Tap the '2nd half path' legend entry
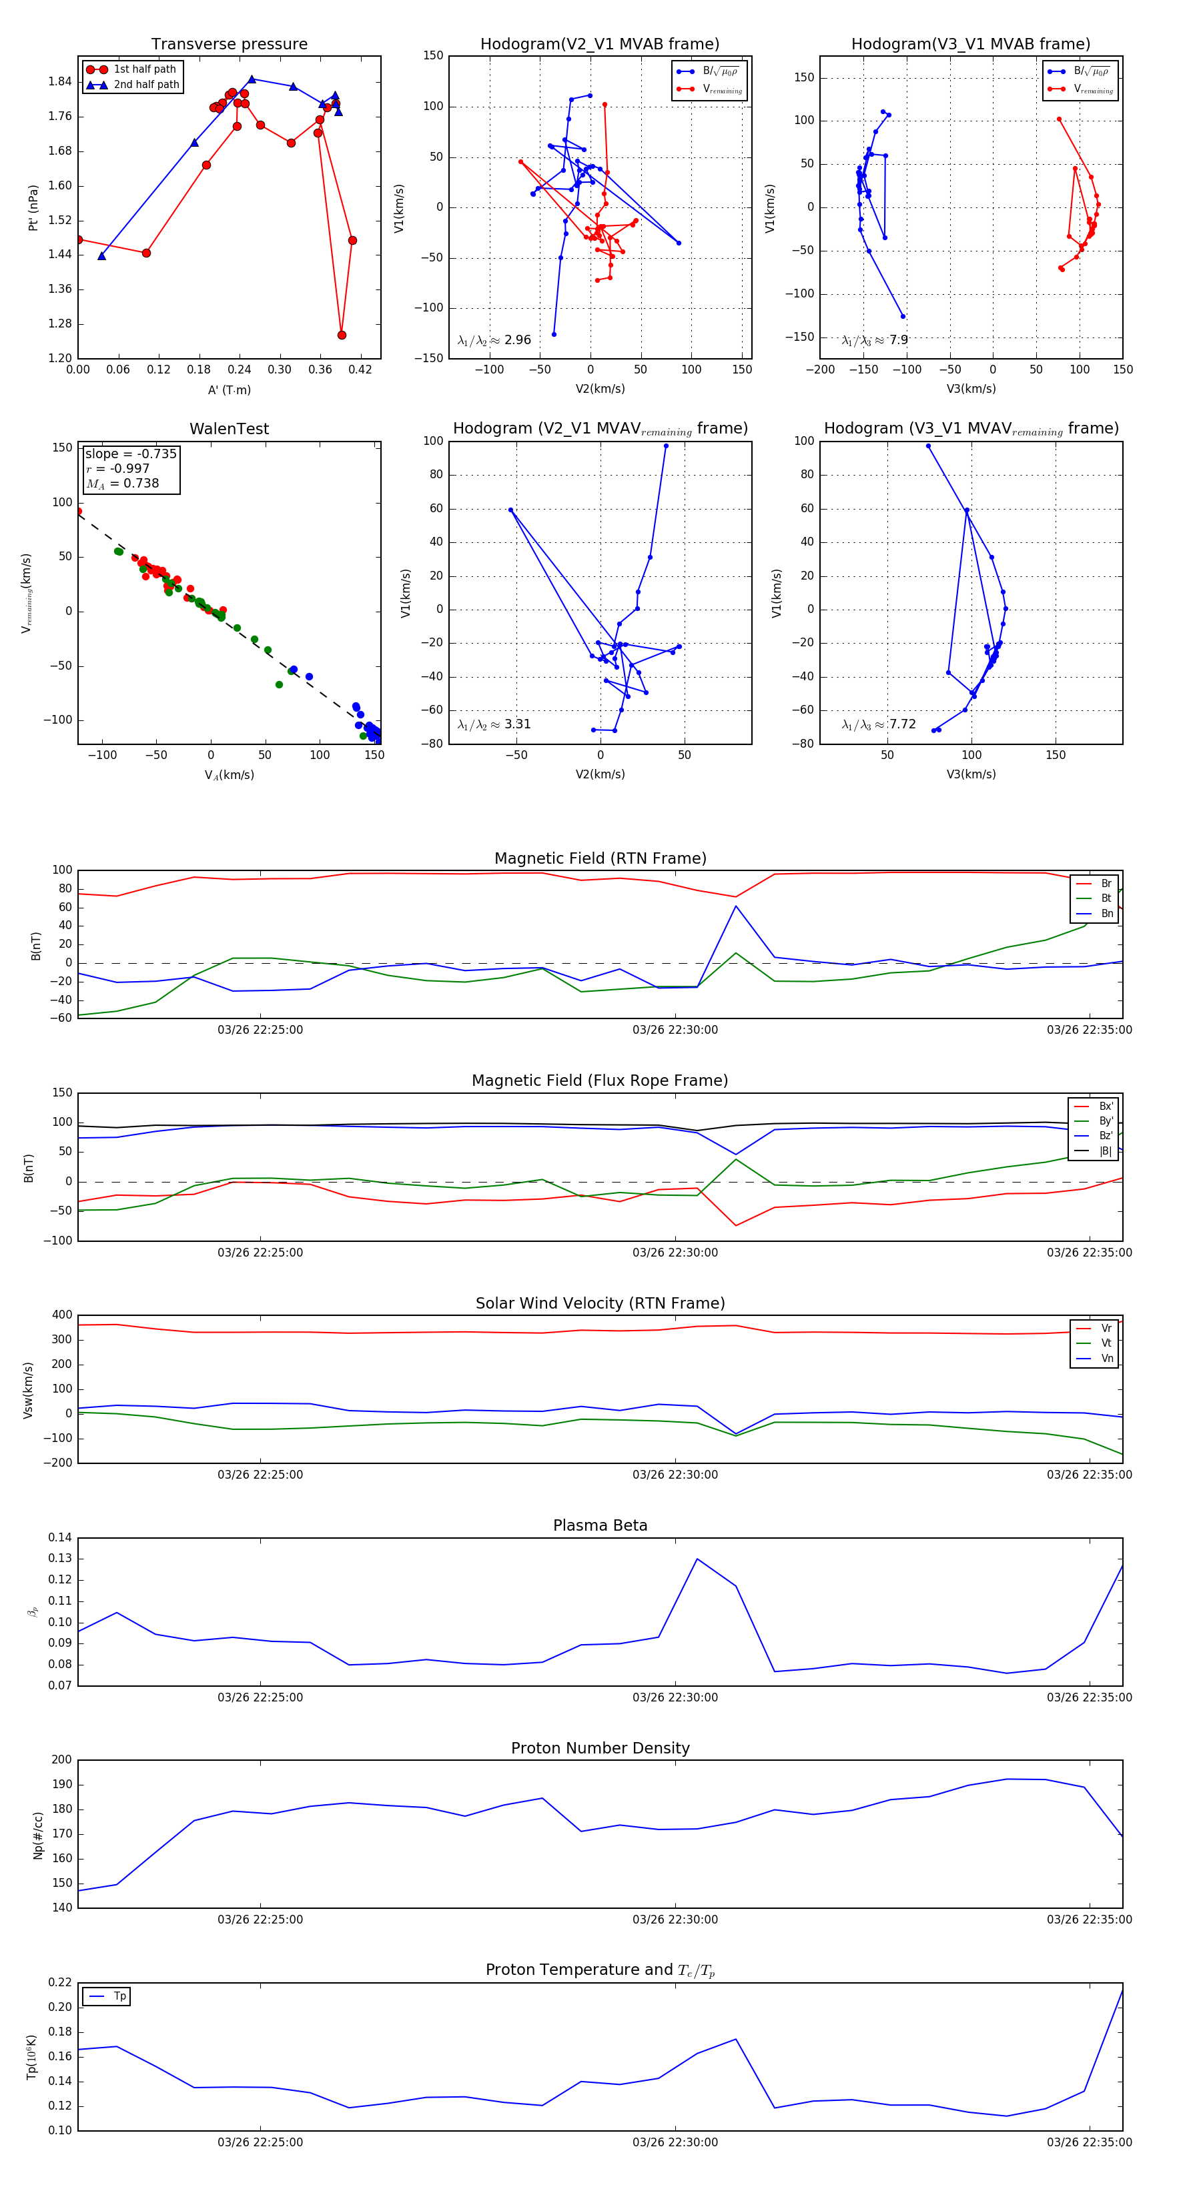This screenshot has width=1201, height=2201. coord(146,85)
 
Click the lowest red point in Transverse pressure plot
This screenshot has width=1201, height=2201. coord(342,335)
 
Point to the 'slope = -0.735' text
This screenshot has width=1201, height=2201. coord(131,454)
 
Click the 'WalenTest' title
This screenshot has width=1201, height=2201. coord(229,429)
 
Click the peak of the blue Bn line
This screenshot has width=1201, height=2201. coord(736,906)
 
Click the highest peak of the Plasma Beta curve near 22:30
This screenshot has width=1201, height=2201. coord(697,1559)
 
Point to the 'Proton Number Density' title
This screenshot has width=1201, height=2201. coord(600,1748)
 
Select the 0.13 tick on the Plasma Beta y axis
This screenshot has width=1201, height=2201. coord(60,1559)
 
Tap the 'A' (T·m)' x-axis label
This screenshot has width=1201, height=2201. coord(229,390)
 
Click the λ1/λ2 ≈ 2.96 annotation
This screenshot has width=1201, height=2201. coord(494,340)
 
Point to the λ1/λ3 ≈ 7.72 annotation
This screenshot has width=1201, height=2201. coord(879,724)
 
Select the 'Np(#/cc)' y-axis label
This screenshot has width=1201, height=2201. coord(37,1834)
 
